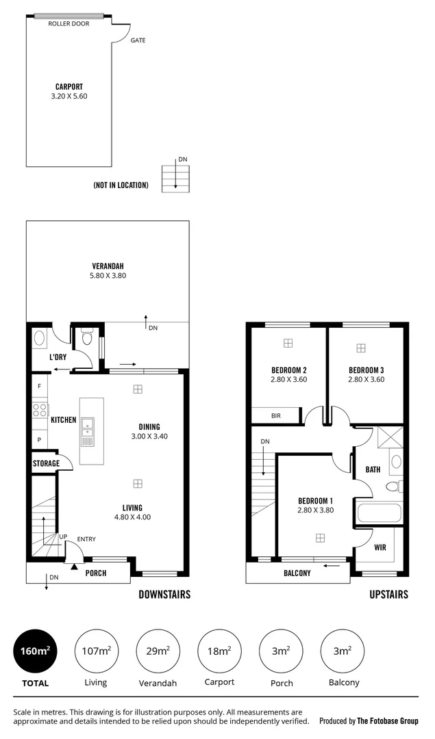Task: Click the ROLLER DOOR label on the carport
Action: click(x=69, y=23)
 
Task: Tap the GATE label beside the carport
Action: click(x=138, y=40)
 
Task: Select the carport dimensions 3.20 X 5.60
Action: click(x=69, y=96)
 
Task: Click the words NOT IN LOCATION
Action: click(x=121, y=185)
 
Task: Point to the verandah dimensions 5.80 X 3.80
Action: click(x=108, y=276)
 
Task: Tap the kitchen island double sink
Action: click(x=87, y=428)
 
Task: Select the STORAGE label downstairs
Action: click(x=46, y=463)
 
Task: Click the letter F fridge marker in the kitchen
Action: click(x=39, y=387)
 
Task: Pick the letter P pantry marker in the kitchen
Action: click(x=39, y=440)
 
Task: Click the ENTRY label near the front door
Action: click(x=86, y=539)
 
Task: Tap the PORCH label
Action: click(x=96, y=573)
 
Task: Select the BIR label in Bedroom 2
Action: click(x=275, y=415)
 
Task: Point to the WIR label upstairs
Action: click(x=380, y=547)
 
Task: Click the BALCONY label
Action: click(x=297, y=573)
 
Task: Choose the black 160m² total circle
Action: click(x=35, y=651)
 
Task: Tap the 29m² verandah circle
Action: click(x=158, y=651)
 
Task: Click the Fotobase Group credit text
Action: click(x=369, y=721)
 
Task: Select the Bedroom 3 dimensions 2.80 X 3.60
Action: click(x=366, y=379)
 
